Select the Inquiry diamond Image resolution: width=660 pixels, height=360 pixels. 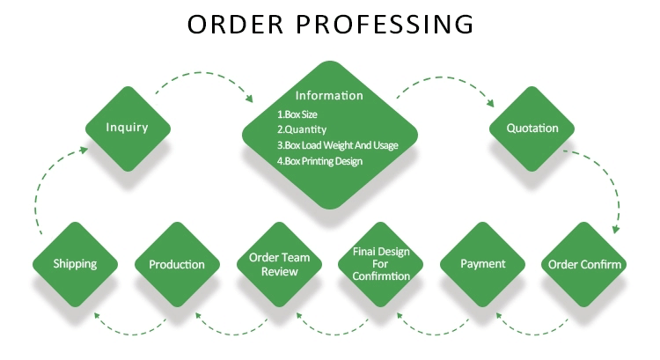click(x=127, y=128)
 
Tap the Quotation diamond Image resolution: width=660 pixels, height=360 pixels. click(x=532, y=129)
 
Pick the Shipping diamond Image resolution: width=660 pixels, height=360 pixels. click(x=74, y=264)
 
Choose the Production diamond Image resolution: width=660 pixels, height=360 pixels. click(x=176, y=264)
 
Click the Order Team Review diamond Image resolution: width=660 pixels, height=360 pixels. click(x=279, y=264)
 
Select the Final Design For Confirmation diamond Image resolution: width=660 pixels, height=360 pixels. click(x=380, y=264)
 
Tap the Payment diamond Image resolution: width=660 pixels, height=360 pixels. click(x=483, y=264)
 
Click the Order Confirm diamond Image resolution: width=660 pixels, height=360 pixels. click(x=584, y=264)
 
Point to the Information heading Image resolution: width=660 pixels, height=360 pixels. click(x=329, y=95)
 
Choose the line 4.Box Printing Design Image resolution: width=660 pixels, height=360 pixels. click(x=319, y=161)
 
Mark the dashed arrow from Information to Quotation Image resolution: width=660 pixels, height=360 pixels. click(x=449, y=81)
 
